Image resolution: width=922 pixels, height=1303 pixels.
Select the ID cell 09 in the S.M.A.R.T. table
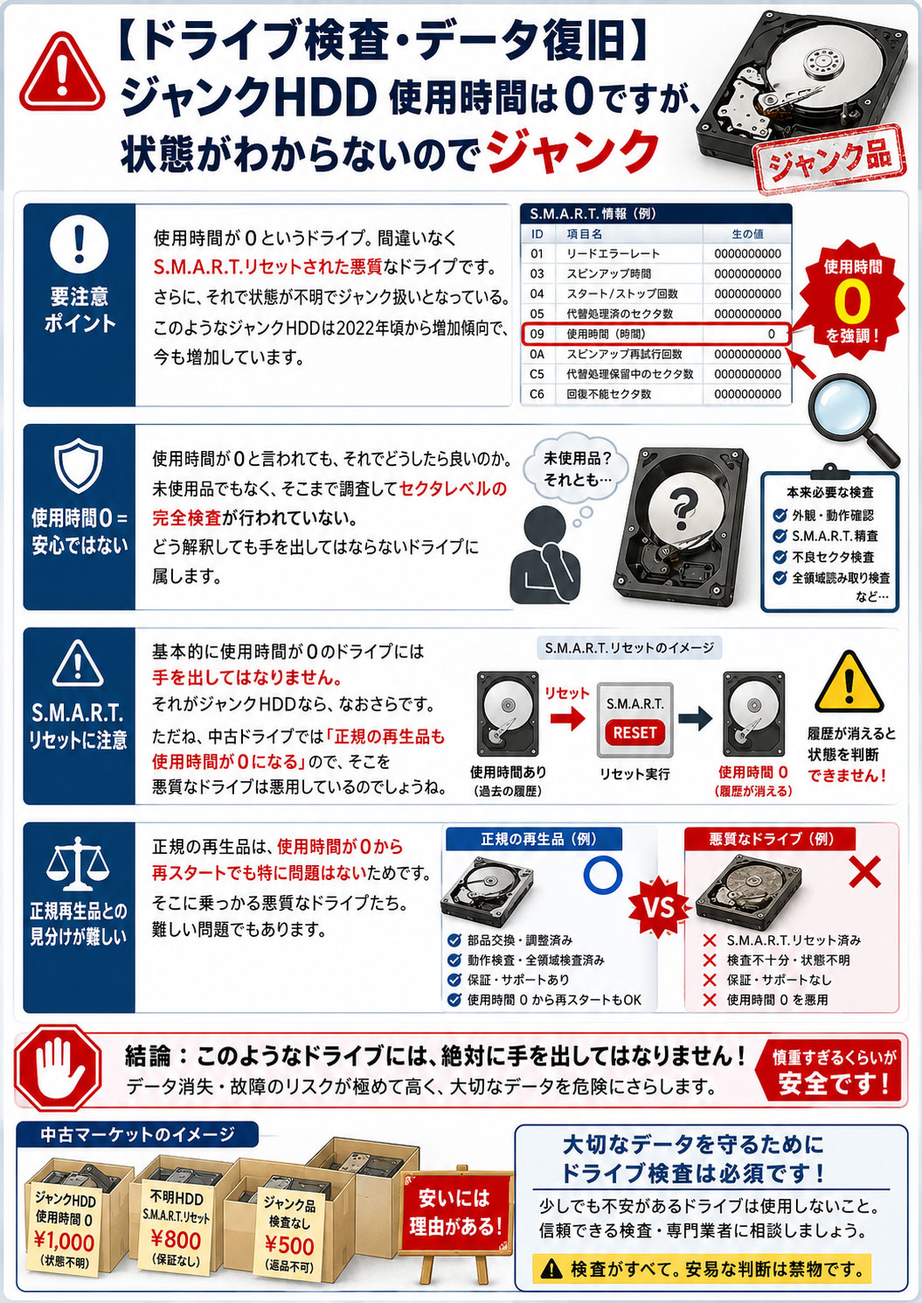537,334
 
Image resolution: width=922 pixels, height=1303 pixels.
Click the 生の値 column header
747,234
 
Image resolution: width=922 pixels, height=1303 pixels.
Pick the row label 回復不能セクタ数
608,394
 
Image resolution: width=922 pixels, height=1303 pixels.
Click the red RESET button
634,733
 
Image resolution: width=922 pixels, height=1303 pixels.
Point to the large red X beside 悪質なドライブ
864,870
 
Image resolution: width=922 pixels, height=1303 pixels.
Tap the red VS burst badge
660,907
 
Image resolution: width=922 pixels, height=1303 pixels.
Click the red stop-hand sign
58,1068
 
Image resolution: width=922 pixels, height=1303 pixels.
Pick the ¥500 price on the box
289,1244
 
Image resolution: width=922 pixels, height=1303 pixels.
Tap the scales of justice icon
78,864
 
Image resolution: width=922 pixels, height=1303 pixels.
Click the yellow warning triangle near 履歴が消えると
849,683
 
